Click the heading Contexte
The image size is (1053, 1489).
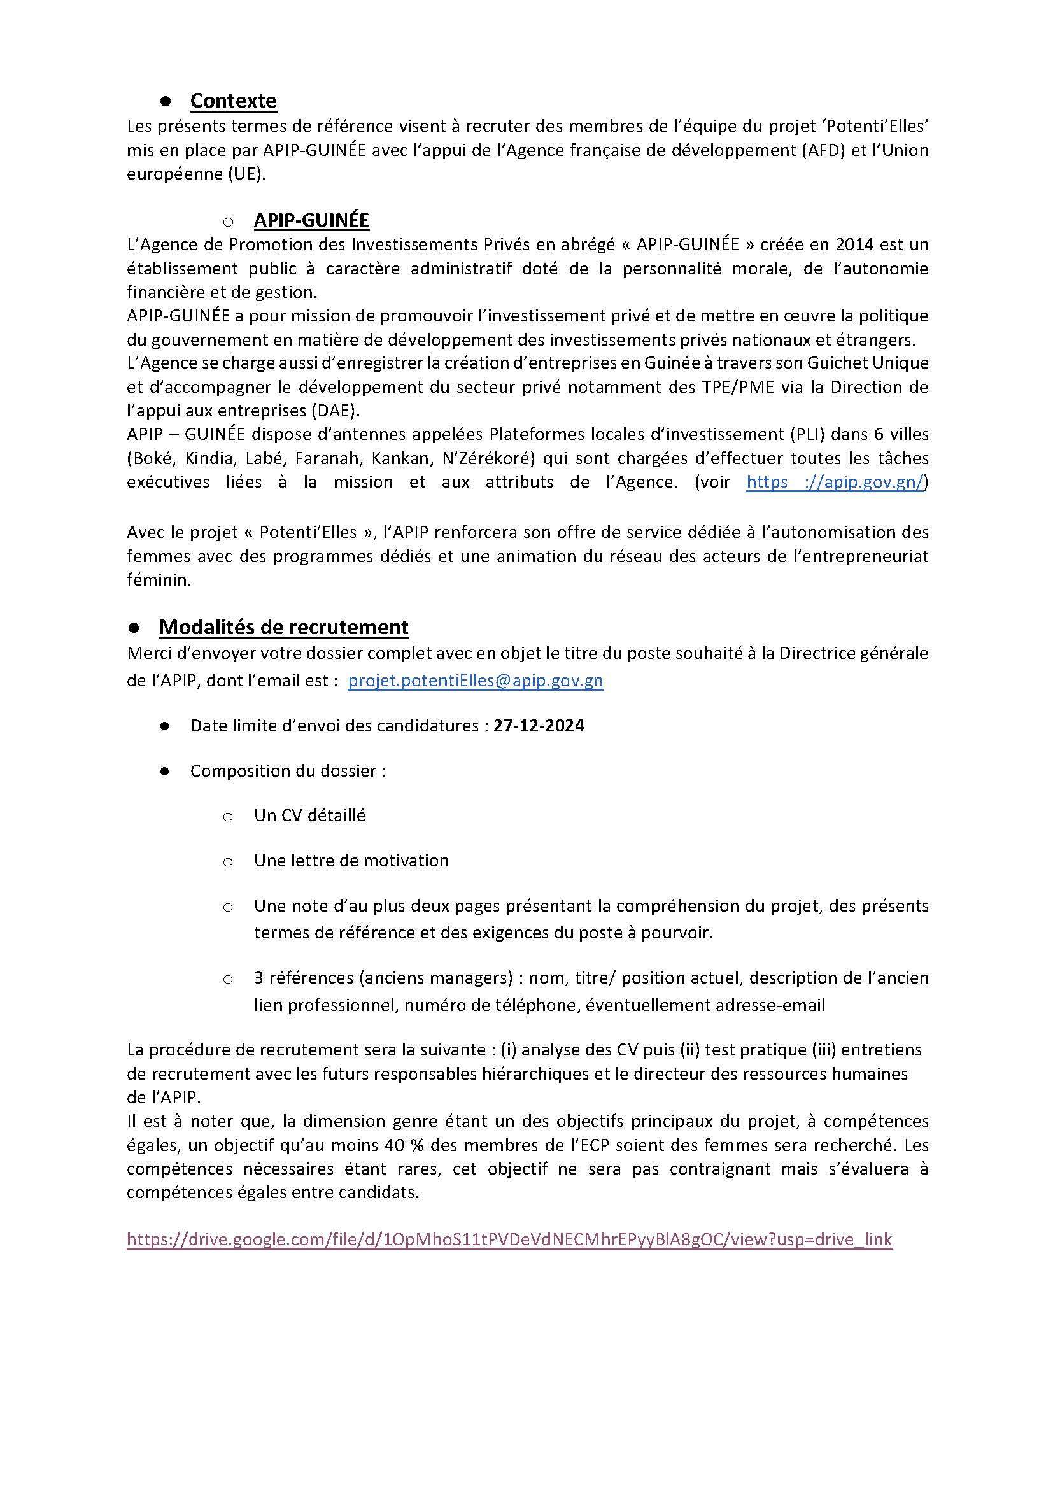233,101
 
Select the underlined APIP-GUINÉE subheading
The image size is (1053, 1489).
311,220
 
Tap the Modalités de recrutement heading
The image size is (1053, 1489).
283,627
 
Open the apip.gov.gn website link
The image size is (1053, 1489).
837,482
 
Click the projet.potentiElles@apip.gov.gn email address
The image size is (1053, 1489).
476,681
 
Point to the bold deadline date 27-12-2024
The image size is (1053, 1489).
538,726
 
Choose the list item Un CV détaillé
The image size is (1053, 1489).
309,815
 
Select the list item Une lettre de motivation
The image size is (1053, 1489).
351,861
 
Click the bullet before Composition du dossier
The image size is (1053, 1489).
164,771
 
